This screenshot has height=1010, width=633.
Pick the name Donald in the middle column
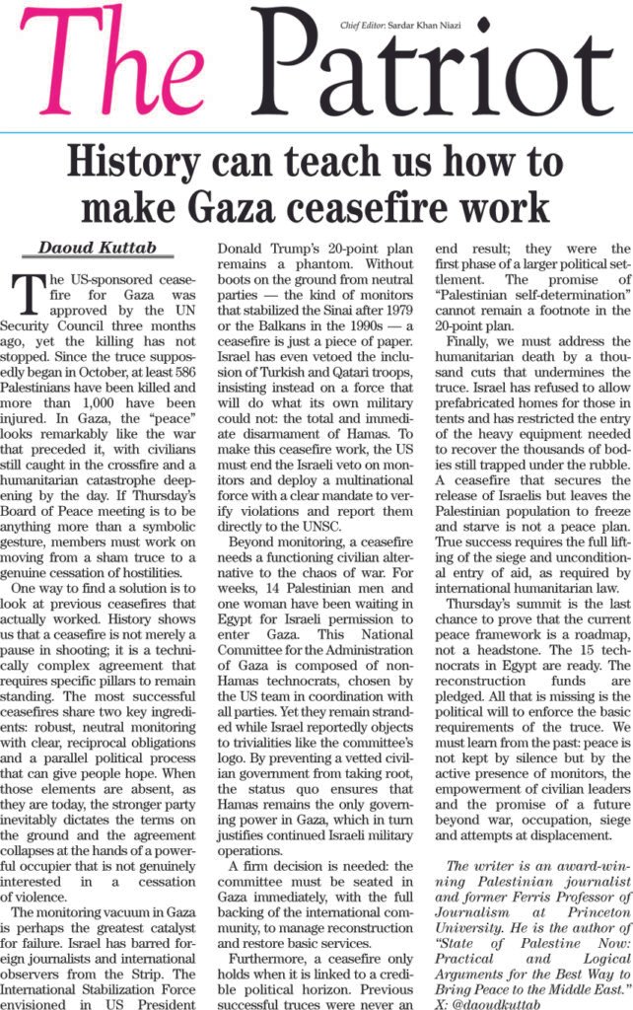248,248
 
